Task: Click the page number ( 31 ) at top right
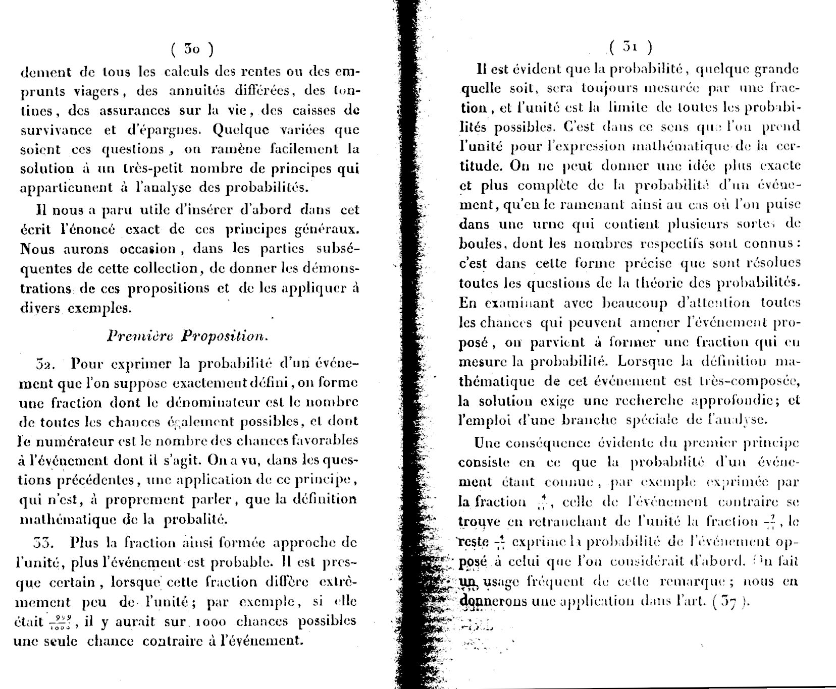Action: [x=631, y=47]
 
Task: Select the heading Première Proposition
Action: [x=188, y=336]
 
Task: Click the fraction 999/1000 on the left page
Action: [x=64, y=622]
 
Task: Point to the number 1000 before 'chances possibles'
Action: [x=206, y=621]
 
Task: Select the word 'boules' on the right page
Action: [x=480, y=243]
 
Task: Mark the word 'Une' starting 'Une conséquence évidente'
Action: [x=488, y=443]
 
